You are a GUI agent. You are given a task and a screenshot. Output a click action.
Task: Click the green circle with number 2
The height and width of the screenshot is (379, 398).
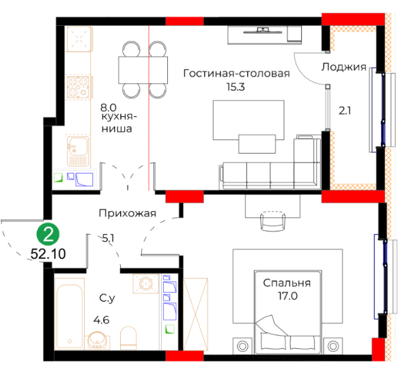pyautogui.click(x=48, y=234)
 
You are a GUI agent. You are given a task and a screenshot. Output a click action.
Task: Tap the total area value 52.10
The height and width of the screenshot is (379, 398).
pyautogui.click(x=48, y=253)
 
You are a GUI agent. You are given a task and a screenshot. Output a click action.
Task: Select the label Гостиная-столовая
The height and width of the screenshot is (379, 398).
pyautogui.click(x=237, y=73)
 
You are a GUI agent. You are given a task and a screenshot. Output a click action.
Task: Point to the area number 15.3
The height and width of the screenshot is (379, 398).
pyautogui.click(x=236, y=87)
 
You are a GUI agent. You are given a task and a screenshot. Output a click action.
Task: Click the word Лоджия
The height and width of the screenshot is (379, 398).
pyautogui.click(x=344, y=67)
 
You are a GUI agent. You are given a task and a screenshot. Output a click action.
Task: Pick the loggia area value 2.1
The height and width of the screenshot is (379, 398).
pyautogui.click(x=345, y=111)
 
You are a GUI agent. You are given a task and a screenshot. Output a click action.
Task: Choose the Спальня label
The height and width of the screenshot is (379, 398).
pyautogui.click(x=287, y=283)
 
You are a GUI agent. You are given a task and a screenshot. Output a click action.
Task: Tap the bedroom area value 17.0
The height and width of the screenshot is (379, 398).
pyautogui.click(x=288, y=296)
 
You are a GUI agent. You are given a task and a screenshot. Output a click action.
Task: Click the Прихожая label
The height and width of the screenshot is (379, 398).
pyautogui.click(x=128, y=213)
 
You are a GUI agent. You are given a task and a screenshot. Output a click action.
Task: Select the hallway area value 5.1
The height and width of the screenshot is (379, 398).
pyautogui.click(x=108, y=238)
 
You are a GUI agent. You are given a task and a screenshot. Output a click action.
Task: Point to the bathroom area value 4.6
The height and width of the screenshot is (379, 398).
pyautogui.click(x=102, y=320)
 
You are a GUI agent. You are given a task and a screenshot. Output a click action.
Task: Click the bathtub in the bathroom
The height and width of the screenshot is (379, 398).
pyautogui.click(x=70, y=313)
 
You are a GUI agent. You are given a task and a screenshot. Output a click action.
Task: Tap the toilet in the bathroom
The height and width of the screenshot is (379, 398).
pyautogui.click(x=128, y=337)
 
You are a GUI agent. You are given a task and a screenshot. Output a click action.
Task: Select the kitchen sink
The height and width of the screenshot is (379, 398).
pyautogui.click(x=79, y=152)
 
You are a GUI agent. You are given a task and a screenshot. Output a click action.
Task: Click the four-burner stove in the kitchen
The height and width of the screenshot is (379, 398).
pyautogui.click(x=78, y=87)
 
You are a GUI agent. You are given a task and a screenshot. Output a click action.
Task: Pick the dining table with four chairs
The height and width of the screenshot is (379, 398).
pyautogui.click(x=143, y=70)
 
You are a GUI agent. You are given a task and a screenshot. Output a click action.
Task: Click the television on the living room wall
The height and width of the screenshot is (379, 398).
pyautogui.click(x=263, y=31)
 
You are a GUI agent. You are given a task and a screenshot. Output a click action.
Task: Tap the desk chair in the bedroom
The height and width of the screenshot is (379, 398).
pyautogui.click(x=273, y=221)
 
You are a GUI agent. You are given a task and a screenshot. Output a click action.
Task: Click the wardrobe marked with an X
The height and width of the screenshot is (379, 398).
pyautogui.click(x=195, y=314)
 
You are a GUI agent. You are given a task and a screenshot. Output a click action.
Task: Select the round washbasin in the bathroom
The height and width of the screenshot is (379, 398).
pyautogui.click(x=98, y=340)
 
